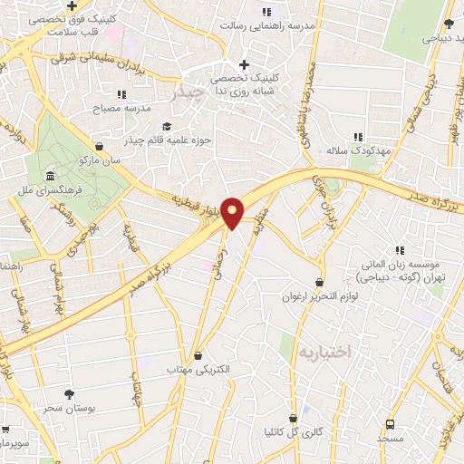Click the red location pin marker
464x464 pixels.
[x=233, y=213]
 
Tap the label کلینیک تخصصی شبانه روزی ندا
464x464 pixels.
[x=244, y=85]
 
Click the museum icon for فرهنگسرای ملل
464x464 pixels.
[x=48, y=176]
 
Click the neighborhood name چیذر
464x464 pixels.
[x=188, y=91]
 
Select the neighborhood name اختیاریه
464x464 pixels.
[x=324, y=350]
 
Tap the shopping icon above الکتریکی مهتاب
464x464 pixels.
[x=198, y=355]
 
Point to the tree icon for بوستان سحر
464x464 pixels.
[x=69, y=393]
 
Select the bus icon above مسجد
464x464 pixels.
[x=391, y=423]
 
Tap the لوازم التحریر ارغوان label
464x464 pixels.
[x=318, y=297]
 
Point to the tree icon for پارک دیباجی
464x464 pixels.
[x=449, y=24]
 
